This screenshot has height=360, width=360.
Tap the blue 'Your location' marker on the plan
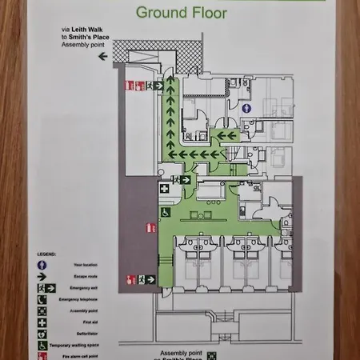point(248,106)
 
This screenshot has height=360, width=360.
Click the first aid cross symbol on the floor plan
point(165,188)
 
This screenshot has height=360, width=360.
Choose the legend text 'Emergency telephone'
point(80,299)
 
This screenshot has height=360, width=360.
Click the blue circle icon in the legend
point(41,264)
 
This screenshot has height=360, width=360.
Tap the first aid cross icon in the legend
point(41,322)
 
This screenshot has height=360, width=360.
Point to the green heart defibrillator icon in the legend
point(41,334)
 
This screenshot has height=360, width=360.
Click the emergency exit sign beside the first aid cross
point(184,180)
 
